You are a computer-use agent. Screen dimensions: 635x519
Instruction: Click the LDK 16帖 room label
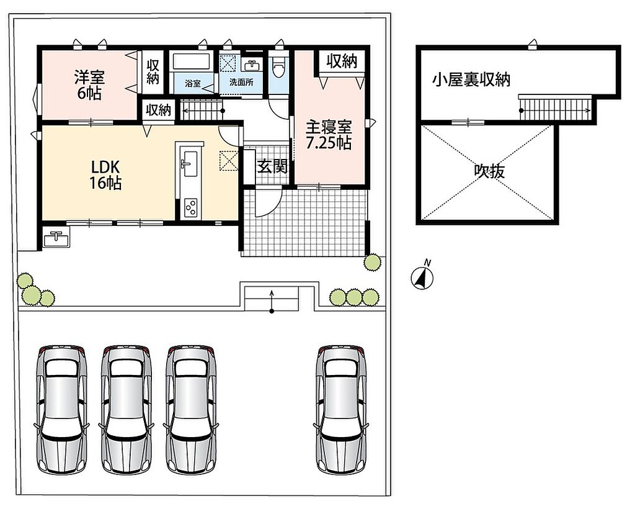[x=105, y=174]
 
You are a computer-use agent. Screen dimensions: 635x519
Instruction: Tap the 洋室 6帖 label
[x=89, y=85]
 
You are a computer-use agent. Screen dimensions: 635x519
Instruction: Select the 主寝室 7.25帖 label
[x=329, y=135]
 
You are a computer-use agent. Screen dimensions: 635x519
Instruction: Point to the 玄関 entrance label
[x=273, y=166]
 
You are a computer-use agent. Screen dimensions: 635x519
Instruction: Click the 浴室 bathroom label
[x=193, y=84]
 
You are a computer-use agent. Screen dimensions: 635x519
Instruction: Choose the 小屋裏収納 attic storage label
[x=471, y=80]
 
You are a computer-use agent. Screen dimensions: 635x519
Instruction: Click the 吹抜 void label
[x=489, y=171]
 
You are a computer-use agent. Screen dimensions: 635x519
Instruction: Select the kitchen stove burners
[x=191, y=208]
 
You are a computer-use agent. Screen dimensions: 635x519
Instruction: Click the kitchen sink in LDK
[x=189, y=163]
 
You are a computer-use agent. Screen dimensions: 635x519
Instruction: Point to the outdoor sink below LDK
[x=55, y=237]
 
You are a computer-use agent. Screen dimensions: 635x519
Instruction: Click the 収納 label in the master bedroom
[x=342, y=61]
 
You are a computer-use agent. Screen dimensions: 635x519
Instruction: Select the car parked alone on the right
[x=342, y=410]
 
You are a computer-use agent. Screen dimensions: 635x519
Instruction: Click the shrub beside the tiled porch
[x=372, y=263]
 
